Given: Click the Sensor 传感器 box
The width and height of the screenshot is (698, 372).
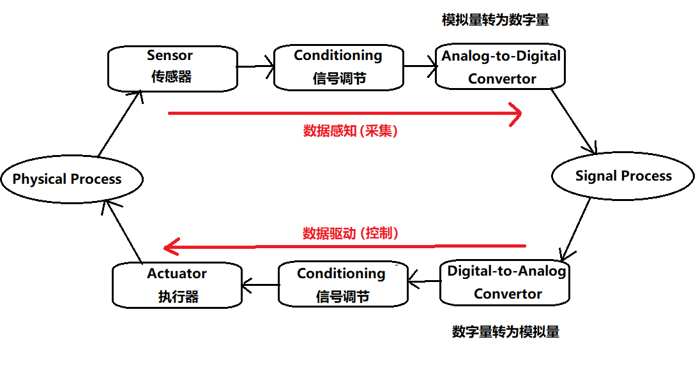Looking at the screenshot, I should click(171, 67).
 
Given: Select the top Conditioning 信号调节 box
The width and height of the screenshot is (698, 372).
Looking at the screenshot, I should click(338, 67).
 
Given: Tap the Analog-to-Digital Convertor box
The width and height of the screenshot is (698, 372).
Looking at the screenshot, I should click(501, 67).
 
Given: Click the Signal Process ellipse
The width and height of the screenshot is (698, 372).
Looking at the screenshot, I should click(623, 176).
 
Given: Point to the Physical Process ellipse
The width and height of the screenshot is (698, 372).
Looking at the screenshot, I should click(70, 179).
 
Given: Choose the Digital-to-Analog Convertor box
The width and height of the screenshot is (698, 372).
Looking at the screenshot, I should click(505, 283).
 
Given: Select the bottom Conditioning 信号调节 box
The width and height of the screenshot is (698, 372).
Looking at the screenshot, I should click(343, 285).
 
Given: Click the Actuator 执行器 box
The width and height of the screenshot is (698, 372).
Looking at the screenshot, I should click(177, 285).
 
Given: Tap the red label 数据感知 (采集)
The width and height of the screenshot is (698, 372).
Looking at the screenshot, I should click(350, 131).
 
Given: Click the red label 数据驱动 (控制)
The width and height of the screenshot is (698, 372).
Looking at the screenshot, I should click(351, 233).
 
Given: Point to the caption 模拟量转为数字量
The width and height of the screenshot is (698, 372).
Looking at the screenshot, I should click(496, 20).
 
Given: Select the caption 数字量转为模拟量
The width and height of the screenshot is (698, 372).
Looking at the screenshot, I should click(506, 332).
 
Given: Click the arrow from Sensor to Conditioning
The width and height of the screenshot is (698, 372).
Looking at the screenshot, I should click(255, 65).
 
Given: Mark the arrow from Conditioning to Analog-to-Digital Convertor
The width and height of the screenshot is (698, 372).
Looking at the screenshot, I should click(419, 65).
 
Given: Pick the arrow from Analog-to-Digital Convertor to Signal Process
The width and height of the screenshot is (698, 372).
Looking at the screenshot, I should click(574, 122).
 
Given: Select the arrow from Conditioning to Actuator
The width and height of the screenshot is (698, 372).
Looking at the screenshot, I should click(260, 285).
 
